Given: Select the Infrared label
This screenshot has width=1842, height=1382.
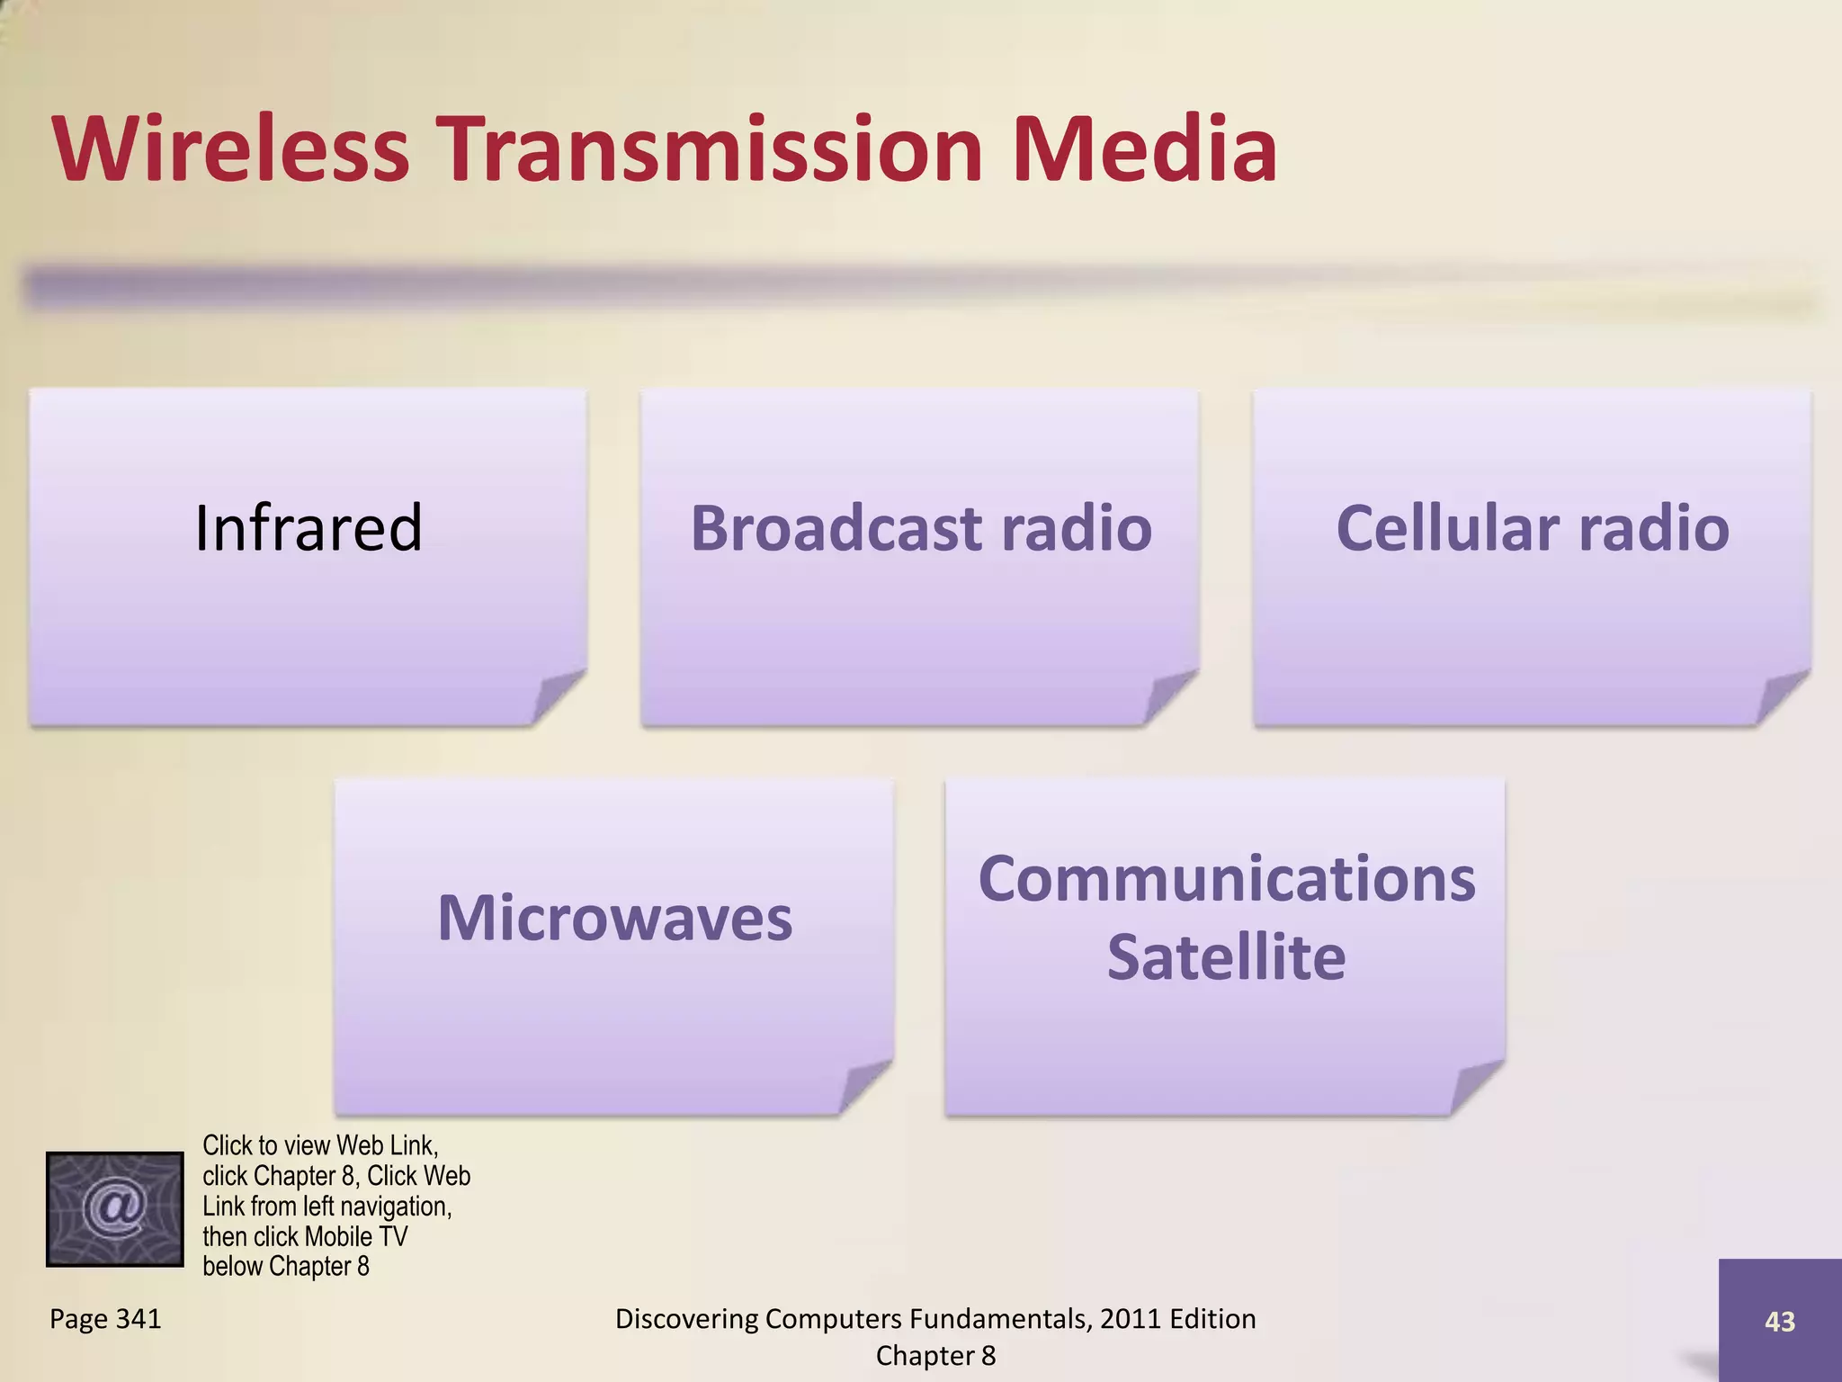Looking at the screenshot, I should (x=308, y=528).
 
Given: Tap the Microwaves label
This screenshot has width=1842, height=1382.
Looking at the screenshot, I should (x=615, y=919).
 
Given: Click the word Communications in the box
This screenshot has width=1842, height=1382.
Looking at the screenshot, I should (x=1227, y=879).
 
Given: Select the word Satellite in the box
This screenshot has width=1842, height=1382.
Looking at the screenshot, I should (x=1227, y=957).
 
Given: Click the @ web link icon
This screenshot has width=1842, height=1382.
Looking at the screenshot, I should (x=115, y=1208).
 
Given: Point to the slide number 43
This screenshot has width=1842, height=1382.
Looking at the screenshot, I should (x=1779, y=1321).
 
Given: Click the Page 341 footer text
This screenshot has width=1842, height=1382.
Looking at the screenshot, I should (x=105, y=1319).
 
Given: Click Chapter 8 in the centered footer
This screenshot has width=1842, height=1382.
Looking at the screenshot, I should (x=935, y=1356).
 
